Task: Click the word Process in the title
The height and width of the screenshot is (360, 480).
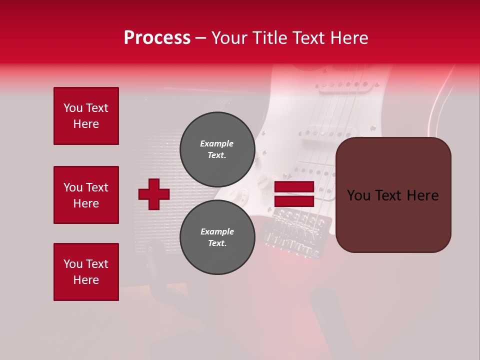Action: [157, 38]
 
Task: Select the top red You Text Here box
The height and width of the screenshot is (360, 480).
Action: [86, 116]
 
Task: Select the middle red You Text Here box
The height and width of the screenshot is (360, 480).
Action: [86, 195]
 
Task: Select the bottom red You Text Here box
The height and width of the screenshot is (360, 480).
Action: [86, 272]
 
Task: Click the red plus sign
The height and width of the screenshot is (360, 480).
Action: [154, 194]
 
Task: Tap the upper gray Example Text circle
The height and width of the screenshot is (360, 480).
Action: [217, 149]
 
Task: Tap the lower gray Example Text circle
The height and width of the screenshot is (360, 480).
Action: [217, 237]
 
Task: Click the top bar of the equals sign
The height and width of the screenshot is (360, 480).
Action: [294, 187]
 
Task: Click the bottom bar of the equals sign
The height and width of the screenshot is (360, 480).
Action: [294, 201]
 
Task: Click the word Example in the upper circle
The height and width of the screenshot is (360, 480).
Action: [216, 143]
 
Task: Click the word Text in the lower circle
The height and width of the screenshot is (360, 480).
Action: [216, 243]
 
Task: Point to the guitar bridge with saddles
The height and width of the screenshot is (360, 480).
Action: [295, 220]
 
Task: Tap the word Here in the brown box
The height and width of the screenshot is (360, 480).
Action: [422, 195]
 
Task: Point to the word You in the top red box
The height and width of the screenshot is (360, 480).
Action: [73, 108]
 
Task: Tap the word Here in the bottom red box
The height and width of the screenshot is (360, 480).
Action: [86, 280]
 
